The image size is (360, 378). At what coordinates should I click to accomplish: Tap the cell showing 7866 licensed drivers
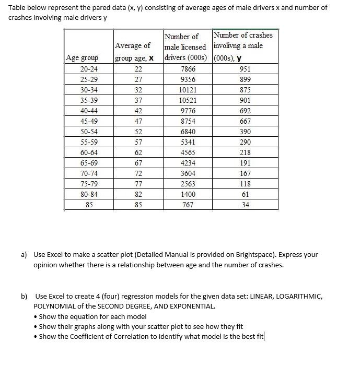click(188, 69)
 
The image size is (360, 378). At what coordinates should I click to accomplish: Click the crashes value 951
click(245, 69)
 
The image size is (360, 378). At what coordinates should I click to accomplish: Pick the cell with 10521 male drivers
click(188, 100)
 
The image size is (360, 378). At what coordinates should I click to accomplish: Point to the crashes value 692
click(245, 111)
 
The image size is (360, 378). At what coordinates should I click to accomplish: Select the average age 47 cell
click(138, 121)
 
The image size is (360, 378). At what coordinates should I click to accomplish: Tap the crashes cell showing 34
click(245, 205)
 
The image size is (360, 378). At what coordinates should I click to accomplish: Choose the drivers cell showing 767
click(188, 205)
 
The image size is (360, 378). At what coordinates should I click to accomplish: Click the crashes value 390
click(245, 132)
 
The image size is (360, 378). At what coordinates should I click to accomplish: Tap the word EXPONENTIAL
click(191, 306)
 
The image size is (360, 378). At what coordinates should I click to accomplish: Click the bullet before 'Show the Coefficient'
click(35, 336)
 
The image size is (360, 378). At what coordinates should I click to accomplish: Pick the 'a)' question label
click(24, 255)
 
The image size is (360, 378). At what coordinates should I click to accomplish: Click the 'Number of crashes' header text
click(243, 35)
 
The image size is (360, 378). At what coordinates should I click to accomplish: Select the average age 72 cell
click(138, 173)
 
